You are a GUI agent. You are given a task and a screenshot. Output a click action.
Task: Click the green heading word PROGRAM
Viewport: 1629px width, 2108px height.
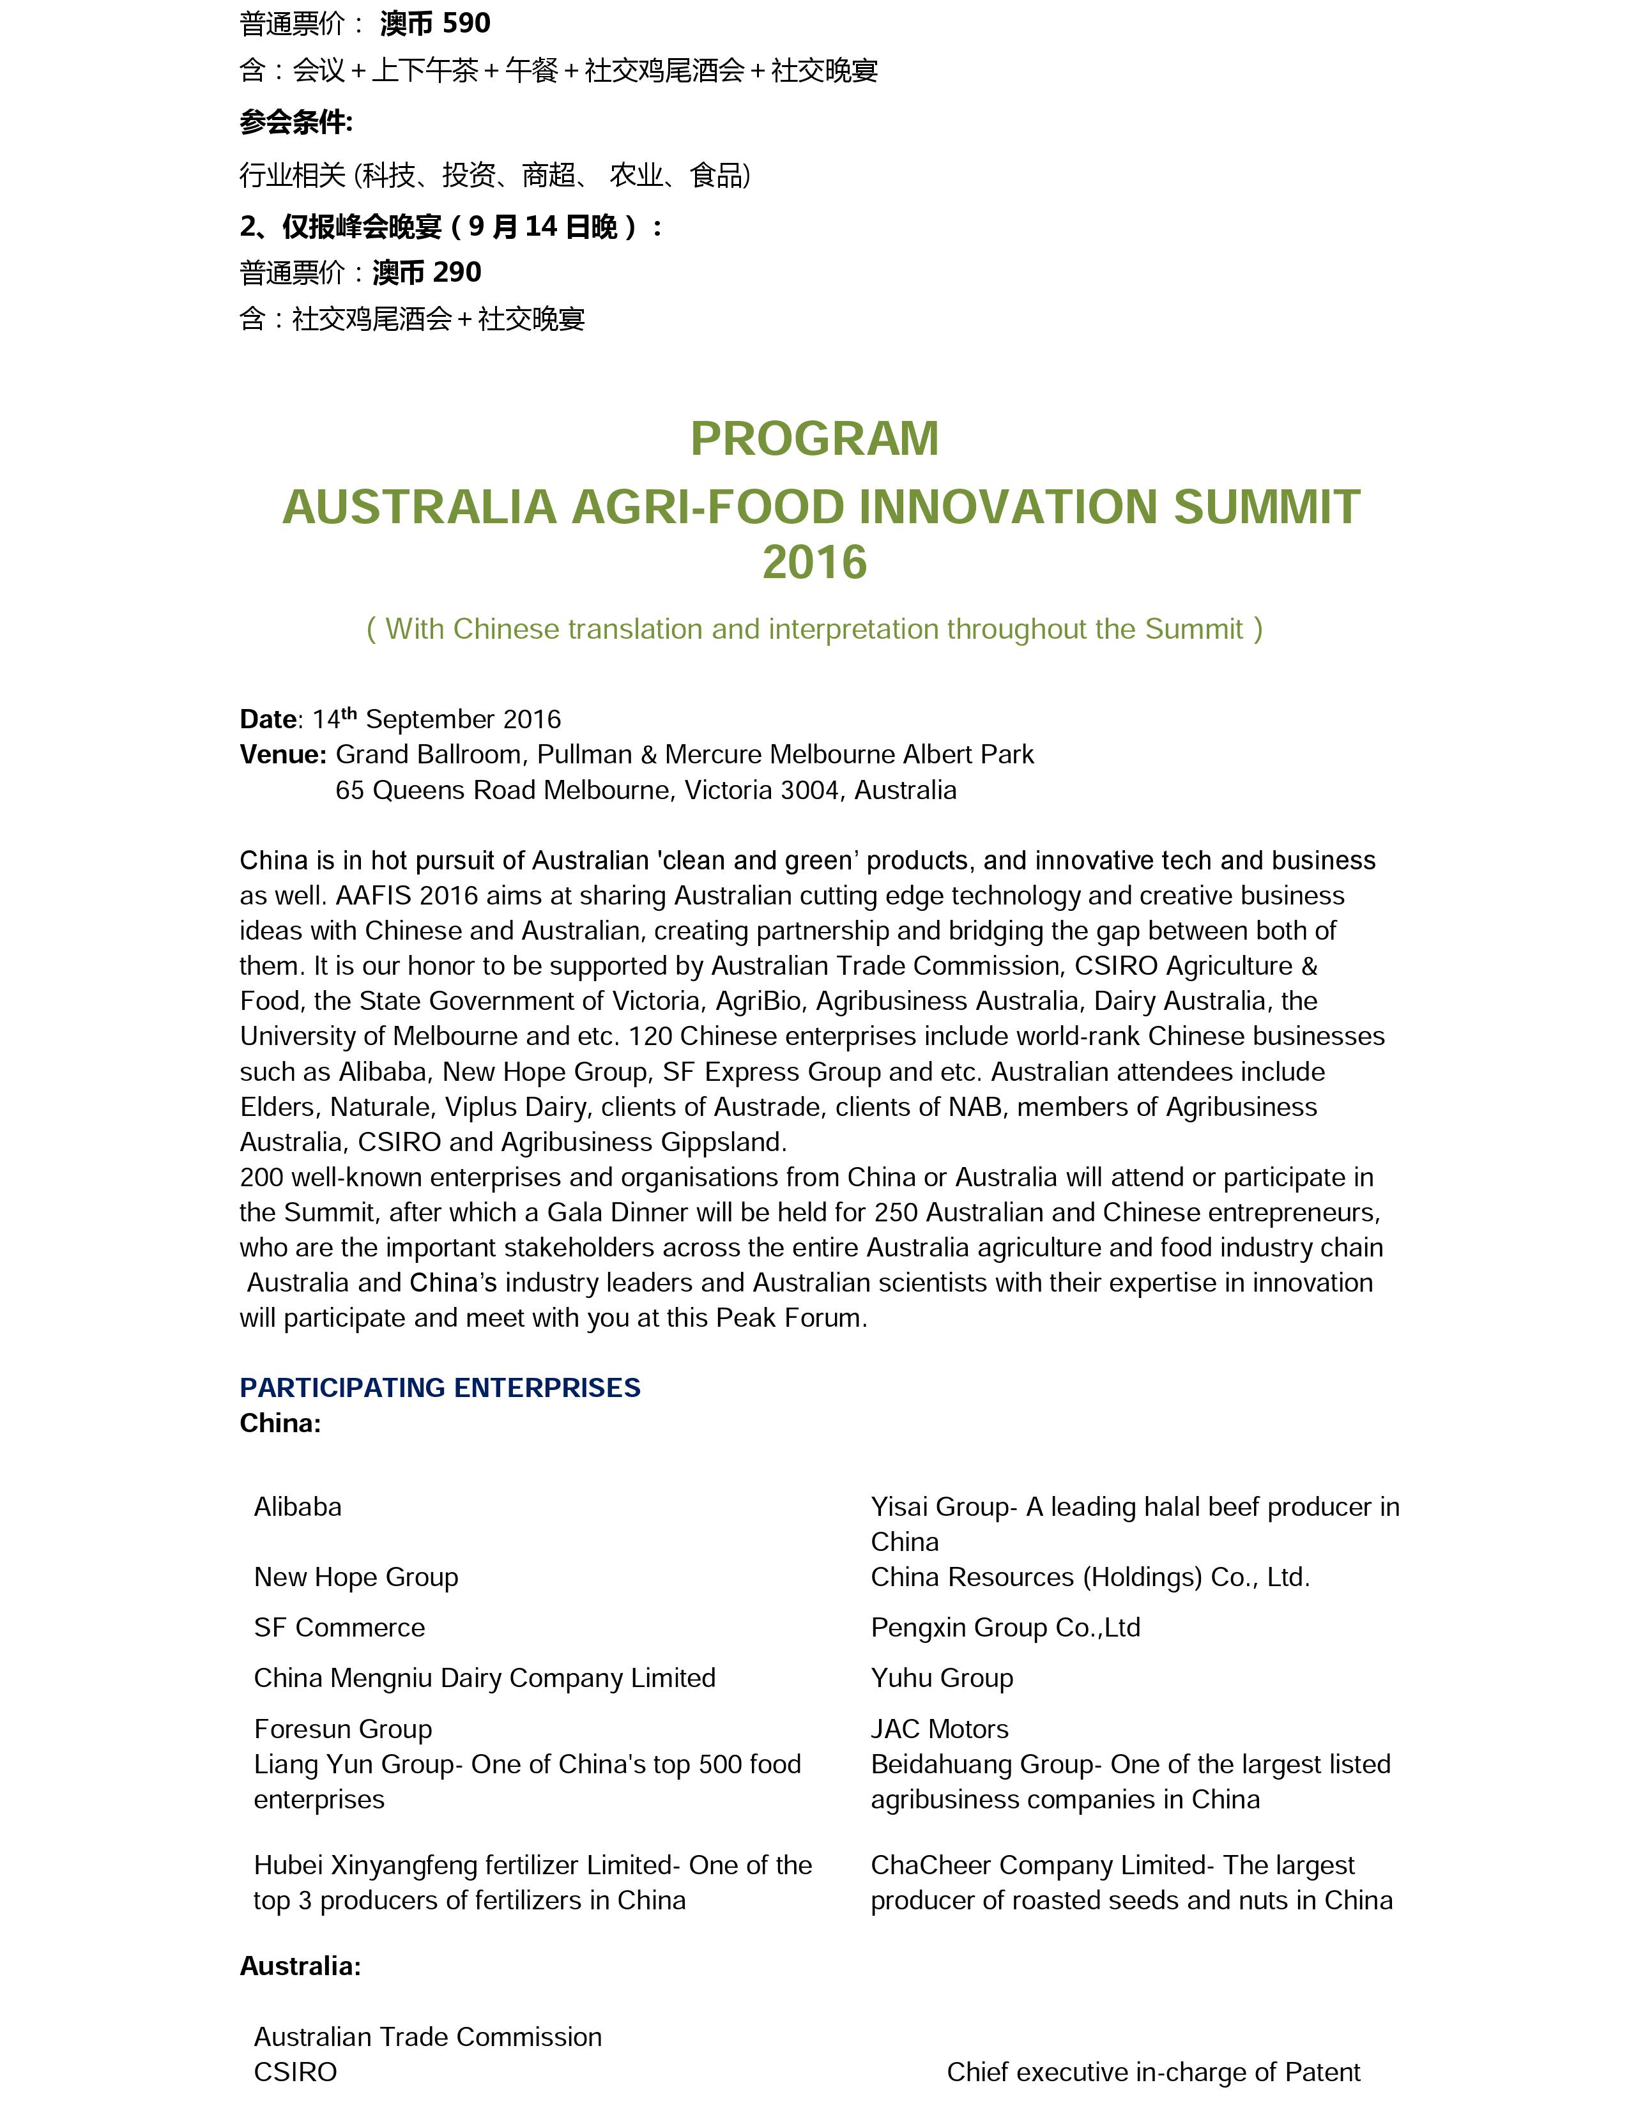[814, 439]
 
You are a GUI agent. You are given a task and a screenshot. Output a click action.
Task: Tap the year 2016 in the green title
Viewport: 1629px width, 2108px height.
[814, 561]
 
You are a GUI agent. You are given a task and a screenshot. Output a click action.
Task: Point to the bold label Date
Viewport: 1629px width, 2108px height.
[267, 719]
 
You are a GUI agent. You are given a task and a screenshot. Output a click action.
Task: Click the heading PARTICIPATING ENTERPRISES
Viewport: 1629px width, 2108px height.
[440, 1387]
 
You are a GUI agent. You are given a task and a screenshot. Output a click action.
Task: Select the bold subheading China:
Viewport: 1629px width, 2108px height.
[280, 1423]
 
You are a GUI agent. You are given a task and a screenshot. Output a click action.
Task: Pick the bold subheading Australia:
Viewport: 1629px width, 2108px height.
[300, 1965]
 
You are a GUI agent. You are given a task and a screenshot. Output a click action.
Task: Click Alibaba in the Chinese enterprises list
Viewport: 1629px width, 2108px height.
[297, 1507]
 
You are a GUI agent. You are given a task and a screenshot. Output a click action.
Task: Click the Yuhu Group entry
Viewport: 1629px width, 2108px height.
[942, 1677]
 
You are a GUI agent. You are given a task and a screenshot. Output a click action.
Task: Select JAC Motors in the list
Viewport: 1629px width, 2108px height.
[939, 1729]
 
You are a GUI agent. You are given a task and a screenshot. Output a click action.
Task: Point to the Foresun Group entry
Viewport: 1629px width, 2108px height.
[342, 1729]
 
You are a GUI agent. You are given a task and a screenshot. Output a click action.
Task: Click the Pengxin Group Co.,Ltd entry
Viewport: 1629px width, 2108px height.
[1006, 1628]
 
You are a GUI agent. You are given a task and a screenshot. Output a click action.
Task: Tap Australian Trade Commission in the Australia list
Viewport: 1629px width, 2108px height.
[427, 2036]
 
